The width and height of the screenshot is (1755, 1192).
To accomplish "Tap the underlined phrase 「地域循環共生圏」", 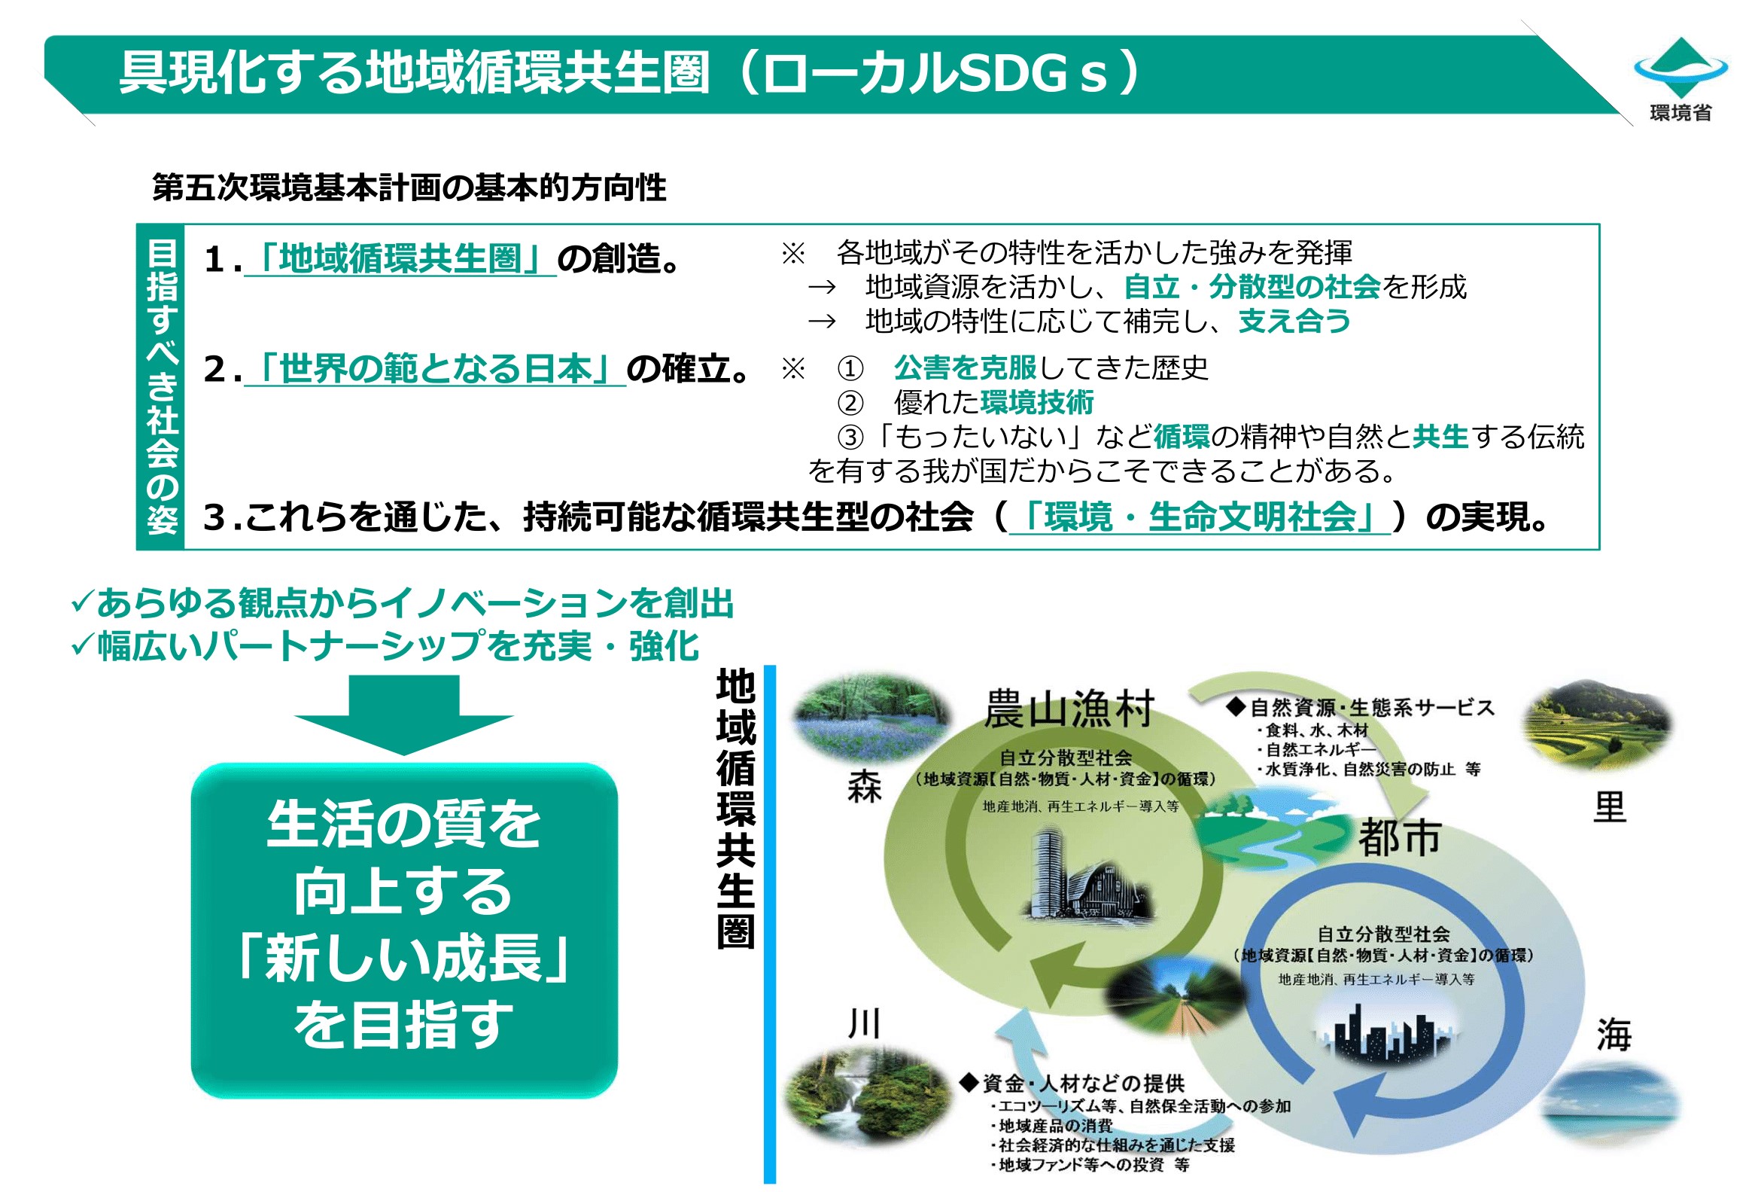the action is (400, 259).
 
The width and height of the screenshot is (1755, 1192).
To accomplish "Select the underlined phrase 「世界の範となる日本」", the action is (435, 369).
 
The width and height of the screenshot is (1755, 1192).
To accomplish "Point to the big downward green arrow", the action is (403, 714).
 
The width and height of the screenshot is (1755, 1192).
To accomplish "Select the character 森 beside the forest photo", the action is (864, 787).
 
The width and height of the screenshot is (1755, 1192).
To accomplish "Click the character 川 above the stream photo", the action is (864, 1023).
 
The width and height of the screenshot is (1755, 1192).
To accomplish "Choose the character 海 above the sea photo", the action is (1613, 1034).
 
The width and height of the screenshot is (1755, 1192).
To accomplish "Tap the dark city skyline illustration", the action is (1379, 1030).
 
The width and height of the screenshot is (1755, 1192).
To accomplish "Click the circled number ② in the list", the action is (850, 403).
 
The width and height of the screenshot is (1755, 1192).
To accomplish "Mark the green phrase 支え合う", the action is (1294, 321).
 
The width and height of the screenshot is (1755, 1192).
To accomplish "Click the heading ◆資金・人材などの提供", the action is (1072, 1084).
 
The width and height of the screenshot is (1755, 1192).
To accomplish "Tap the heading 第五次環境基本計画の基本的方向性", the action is (409, 187).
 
